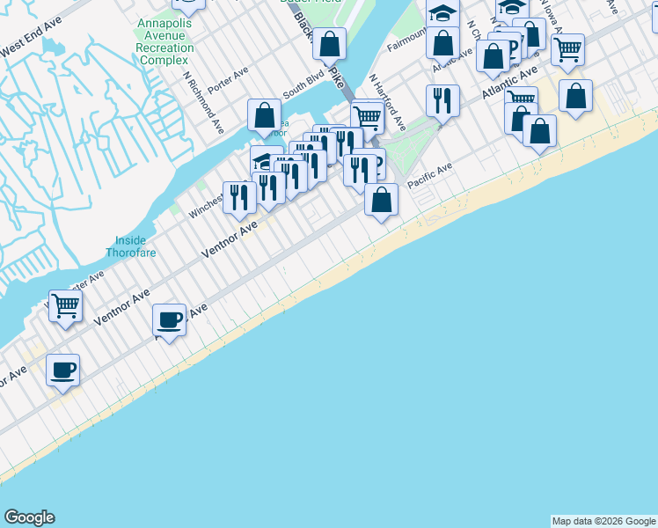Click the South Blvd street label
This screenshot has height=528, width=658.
[x=298, y=89]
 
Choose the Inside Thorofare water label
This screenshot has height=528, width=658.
[x=137, y=247]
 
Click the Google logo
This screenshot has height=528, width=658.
[x=29, y=517]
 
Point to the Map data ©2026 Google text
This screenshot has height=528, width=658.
[x=603, y=521]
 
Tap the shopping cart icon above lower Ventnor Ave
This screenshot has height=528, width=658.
[x=65, y=306]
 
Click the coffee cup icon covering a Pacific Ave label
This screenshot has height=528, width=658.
[x=169, y=319]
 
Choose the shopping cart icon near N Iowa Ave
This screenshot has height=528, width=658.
[x=567, y=49]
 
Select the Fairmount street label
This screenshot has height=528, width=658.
[x=406, y=39]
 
